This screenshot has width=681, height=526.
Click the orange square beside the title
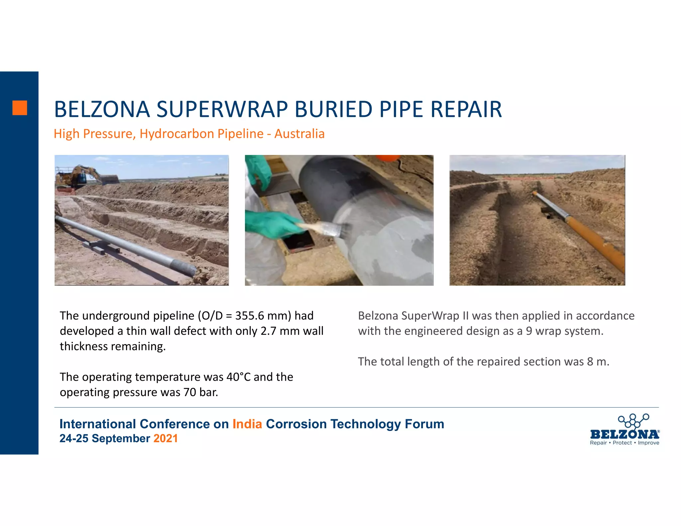[20, 108]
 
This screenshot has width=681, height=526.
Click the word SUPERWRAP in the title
[222, 109]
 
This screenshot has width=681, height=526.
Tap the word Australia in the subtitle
[299, 134]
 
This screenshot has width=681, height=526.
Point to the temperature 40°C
[238, 377]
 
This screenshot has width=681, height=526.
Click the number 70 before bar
[190, 392]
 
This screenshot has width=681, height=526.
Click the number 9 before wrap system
[529, 331]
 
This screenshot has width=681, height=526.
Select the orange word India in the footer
[247, 424]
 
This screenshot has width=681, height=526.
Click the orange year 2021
[166, 439]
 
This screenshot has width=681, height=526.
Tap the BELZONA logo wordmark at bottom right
[624, 434]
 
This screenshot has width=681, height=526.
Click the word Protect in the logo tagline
[622, 443]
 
